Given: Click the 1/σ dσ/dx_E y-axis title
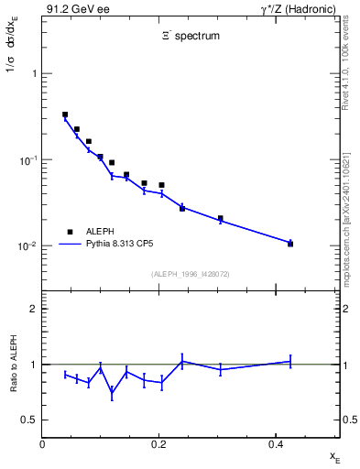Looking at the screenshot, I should (x=13, y=53).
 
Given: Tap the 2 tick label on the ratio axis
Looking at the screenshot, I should (x=33, y=309).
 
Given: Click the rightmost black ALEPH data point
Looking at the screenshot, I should (x=290, y=244).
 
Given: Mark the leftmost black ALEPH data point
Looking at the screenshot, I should (x=65, y=115).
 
